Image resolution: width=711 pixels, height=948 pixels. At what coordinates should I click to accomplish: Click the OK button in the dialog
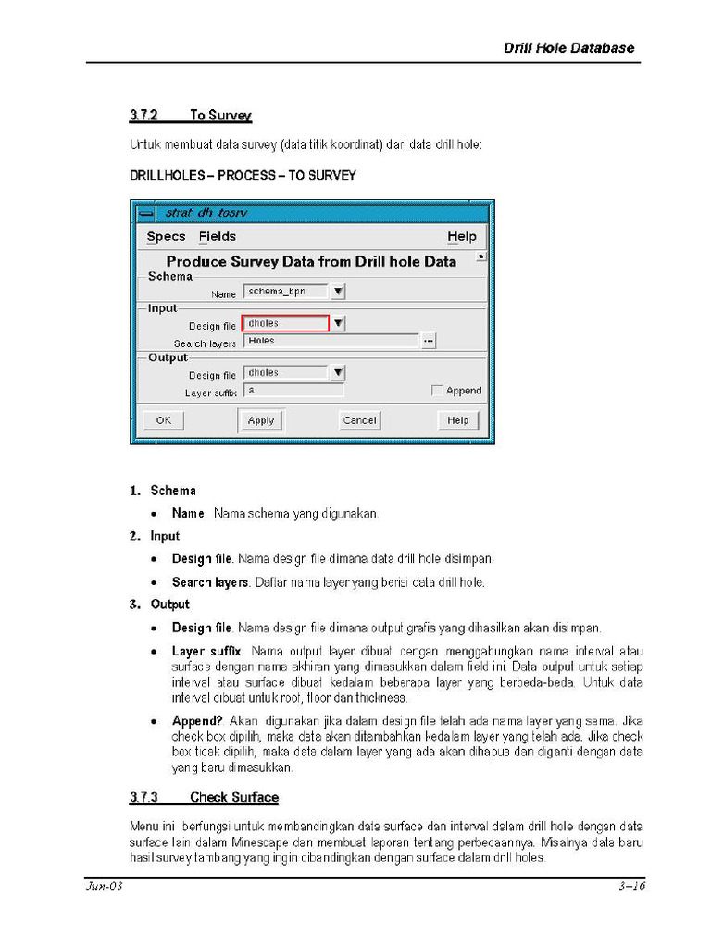[x=163, y=420]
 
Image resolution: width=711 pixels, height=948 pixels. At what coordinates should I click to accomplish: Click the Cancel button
[x=360, y=420]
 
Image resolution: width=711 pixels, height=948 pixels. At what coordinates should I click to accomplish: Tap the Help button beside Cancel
[x=458, y=420]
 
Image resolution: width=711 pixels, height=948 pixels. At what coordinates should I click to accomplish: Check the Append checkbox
[x=437, y=391]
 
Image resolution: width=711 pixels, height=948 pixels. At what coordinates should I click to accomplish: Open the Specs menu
[x=166, y=237]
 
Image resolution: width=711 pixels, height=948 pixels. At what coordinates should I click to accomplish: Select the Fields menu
[x=218, y=237]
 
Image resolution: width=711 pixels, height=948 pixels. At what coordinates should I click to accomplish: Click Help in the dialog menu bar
[x=462, y=237]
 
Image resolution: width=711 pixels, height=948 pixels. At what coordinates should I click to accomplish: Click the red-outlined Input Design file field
[x=285, y=323]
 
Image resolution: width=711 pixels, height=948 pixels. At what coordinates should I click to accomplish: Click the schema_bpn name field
[x=285, y=292]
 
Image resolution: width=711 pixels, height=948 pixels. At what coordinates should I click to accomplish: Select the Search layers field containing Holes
[x=330, y=341]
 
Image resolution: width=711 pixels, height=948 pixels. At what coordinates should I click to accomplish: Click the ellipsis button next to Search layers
[x=428, y=341]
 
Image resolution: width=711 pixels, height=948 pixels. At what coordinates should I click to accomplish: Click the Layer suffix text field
[x=293, y=391]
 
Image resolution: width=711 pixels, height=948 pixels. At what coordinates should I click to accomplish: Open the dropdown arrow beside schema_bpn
[x=339, y=292]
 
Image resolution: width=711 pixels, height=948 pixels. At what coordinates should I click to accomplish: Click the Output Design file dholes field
[x=285, y=373]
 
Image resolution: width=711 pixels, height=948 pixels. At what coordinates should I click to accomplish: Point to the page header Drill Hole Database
[x=568, y=48]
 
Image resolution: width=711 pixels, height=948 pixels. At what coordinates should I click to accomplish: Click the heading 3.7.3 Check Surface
[x=204, y=797]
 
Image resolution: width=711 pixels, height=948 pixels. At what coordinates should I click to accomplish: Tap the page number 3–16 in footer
[x=631, y=887]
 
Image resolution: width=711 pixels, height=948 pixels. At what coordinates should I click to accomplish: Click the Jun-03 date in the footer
[x=105, y=887]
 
